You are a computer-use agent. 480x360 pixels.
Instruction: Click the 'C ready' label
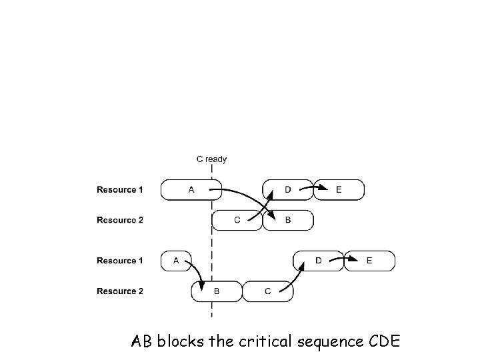[211, 159]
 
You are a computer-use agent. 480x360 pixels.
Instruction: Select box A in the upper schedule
[191, 190]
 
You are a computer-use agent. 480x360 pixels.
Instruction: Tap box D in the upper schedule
[288, 190]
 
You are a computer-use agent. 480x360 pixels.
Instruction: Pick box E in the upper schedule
[339, 190]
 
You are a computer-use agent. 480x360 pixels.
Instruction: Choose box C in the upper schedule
[237, 220]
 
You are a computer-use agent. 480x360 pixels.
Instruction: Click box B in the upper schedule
[288, 220]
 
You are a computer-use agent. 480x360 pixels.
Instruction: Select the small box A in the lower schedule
[176, 261]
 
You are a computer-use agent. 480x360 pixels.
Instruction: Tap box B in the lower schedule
[217, 291]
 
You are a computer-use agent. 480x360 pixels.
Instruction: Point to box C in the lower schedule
[268, 291]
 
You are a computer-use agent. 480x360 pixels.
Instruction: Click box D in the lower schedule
[319, 261]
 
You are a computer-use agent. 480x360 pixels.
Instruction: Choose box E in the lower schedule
[369, 261]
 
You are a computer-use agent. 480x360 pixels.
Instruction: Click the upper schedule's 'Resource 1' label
[120, 190]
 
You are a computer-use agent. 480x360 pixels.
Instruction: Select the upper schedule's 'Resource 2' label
[120, 220]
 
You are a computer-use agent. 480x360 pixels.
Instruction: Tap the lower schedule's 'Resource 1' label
[120, 261]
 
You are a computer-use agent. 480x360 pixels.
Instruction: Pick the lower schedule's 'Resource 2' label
[120, 291]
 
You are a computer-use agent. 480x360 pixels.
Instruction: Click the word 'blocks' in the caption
[180, 341]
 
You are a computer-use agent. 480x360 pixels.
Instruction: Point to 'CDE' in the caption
[385, 341]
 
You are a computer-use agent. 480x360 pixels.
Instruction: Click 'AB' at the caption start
[141, 341]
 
